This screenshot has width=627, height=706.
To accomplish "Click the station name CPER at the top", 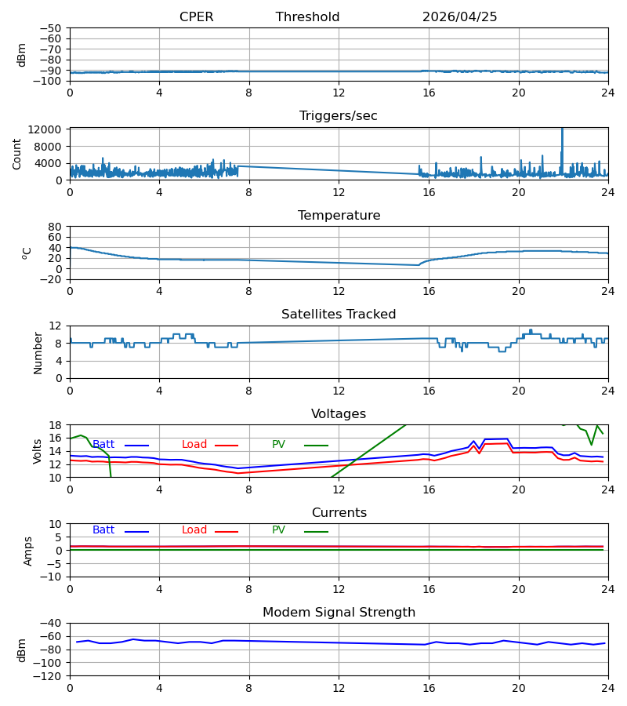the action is pyautogui.click(x=196, y=16).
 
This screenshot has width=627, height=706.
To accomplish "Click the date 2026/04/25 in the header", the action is pyautogui.click(x=459, y=16).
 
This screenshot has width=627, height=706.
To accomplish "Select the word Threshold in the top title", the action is pyautogui.click(x=307, y=16).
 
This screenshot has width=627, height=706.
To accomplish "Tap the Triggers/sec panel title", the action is pyautogui.click(x=339, y=116).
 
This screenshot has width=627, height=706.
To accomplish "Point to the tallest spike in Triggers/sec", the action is pyautogui.click(x=562, y=129).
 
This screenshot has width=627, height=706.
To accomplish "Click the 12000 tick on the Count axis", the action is pyautogui.click(x=45, y=129).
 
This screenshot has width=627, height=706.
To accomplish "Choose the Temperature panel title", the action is pyautogui.click(x=339, y=215).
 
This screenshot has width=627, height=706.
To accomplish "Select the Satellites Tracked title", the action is pyautogui.click(x=339, y=315).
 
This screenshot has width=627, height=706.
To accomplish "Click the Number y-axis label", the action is pyautogui.click(x=38, y=354).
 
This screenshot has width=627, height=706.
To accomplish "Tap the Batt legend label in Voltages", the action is pyautogui.click(x=103, y=445).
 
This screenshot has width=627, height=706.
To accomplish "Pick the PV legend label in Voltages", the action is pyautogui.click(x=278, y=445).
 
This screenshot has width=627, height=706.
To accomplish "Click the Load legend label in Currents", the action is pyautogui.click(x=194, y=530).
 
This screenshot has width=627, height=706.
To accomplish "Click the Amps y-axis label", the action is pyautogui.click(x=28, y=551).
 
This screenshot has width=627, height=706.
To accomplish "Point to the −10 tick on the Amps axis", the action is pyautogui.click(x=52, y=577).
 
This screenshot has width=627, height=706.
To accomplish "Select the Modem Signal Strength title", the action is pyautogui.click(x=339, y=613).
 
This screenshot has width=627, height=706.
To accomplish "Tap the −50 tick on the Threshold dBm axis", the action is pyautogui.click(x=50, y=28).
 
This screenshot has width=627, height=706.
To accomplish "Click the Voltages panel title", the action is pyautogui.click(x=339, y=413).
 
